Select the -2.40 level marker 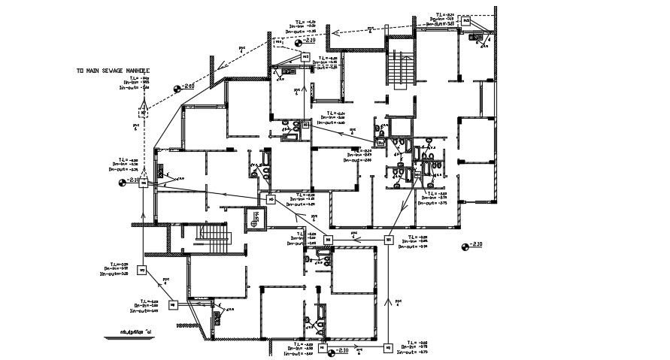pyautogui.click(x=184, y=87)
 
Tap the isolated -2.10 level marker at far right pyautogui.click(x=471, y=245)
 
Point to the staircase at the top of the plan pyautogui.click(x=401, y=71)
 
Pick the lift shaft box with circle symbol pyautogui.click(x=257, y=218)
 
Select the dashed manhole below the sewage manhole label pyautogui.click(x=143, y=113)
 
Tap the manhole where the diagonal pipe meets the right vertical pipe pyautogui.click(x=388, y=240)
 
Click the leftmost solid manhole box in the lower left pyautogui.click(x=141, y=271)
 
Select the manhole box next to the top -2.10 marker pyautogui.click(x=305, y=56)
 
